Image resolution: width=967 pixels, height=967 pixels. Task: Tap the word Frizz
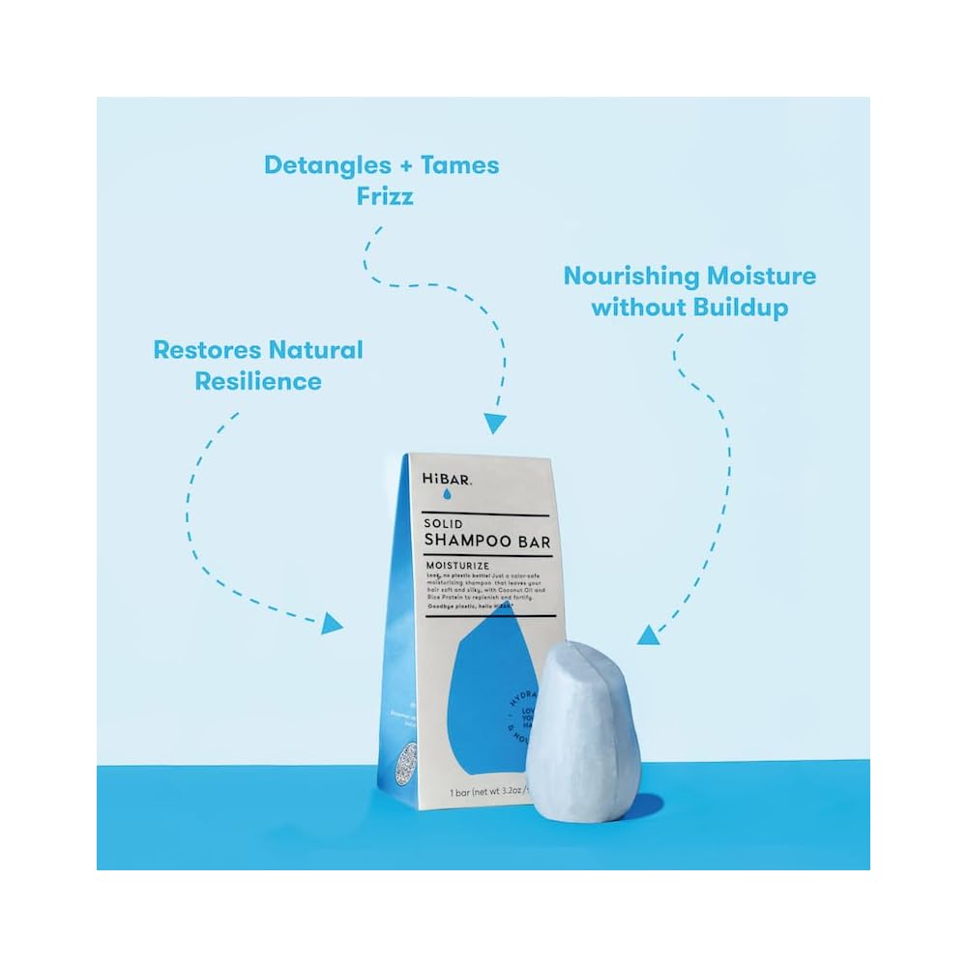[x=381, y=196]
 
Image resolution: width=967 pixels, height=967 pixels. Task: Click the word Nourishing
[x=630, y=277]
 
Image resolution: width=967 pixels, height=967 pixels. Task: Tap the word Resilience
[x=258, y=381]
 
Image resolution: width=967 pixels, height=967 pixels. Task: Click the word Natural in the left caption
[x=315, y=350]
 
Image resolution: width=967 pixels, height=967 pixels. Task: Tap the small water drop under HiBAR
[x=448, y=495]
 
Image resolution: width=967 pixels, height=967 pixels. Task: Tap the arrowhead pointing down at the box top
[x=495, y=423]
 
